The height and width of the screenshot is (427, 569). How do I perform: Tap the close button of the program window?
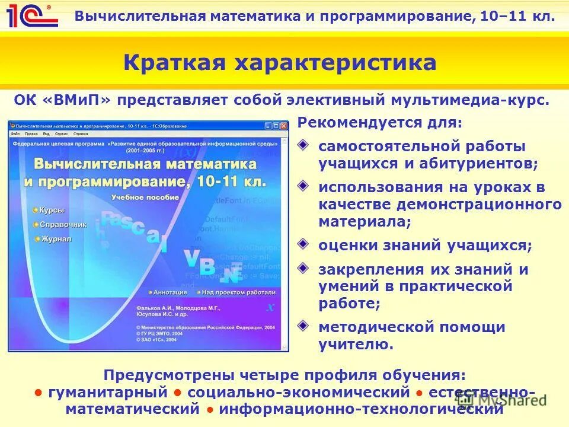[x=283, y=126]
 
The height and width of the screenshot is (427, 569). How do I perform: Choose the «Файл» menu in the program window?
[x=16, y=134]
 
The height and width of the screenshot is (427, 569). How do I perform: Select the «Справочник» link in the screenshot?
[x=63, y=225]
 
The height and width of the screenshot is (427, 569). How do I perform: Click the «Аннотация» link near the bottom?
[x=169, y=292]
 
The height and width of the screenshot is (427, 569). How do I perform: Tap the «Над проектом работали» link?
[x=237, y=292]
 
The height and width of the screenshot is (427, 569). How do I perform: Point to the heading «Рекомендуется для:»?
[x=379, y=123]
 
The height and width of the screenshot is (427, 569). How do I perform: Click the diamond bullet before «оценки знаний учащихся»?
[x=303, y=243]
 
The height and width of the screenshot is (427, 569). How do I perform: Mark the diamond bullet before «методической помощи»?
[x=303, y=325]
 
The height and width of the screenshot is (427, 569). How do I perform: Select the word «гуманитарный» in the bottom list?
[x=108, y=392]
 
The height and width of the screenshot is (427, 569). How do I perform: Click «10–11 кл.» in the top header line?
[x=517, y=16]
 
